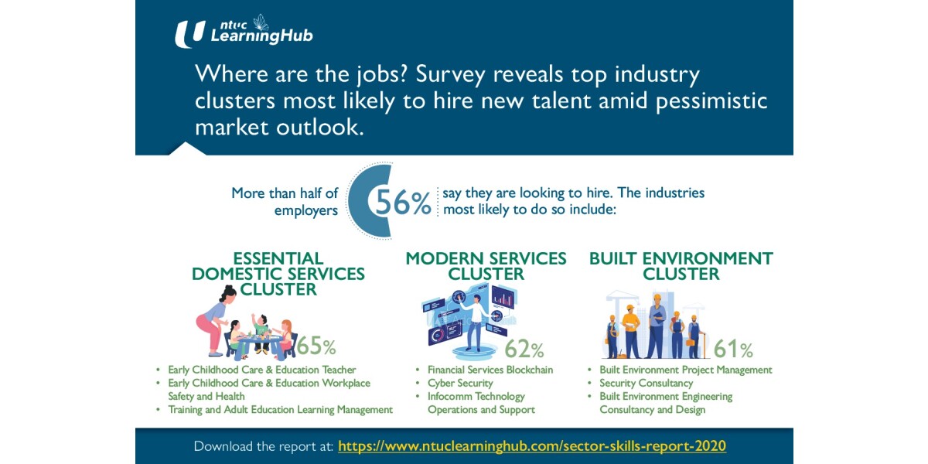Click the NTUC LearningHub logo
tap(244, 32)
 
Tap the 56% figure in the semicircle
tap(403, 203)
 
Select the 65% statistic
tap(316, 346)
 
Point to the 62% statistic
tap(525, 350)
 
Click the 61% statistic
tap(732, 350)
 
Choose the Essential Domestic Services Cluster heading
tap(278, 274)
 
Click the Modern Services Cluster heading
tap(486, 266)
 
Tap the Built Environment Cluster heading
tap(681, 266)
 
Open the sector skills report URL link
tap(532, 446)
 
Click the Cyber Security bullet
tap(460, 383)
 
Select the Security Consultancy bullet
tap(646, 383)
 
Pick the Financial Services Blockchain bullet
tap(490, 370)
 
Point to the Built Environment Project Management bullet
tap(685, 370)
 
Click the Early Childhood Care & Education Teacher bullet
tap(262, 370)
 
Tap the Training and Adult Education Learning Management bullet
tap(280, 409)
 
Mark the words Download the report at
tap(264, 446)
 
